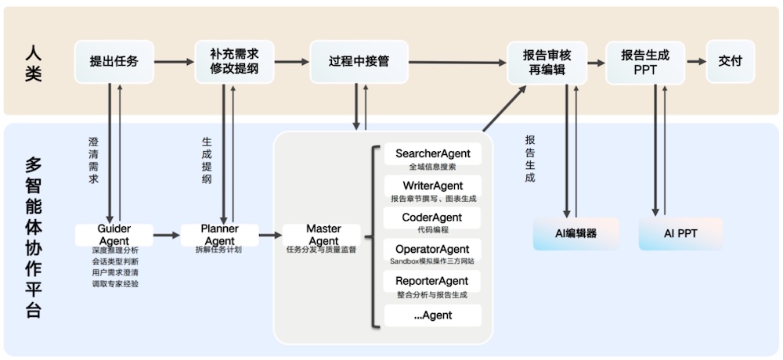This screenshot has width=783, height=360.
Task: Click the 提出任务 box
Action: tap(114, 62)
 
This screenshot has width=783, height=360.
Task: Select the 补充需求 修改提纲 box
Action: tap(234, 62)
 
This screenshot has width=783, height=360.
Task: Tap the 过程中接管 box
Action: tap(359, 62)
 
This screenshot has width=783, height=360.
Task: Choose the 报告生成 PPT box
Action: tap(645, 62)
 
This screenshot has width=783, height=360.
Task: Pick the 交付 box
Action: tap(730, 62)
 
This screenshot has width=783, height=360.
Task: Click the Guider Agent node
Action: tap(114, 234)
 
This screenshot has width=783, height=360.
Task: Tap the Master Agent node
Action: tap(323, 234)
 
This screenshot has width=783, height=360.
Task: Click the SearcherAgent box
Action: tap(432, 154)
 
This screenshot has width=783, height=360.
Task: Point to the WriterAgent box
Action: tap(432, 186)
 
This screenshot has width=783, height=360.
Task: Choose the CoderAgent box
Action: tap(432, 218)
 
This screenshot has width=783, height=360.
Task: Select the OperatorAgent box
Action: tap(432, 249)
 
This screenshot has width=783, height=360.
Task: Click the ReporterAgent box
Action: tap(432, 281)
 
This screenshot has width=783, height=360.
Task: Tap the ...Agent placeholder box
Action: tap(432, 315)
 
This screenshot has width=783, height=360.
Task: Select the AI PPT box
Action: tap(680, 234)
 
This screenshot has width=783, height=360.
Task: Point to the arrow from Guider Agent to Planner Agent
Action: tap(166, 234)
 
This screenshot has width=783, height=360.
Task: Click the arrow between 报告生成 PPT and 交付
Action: tap(695, 61)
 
